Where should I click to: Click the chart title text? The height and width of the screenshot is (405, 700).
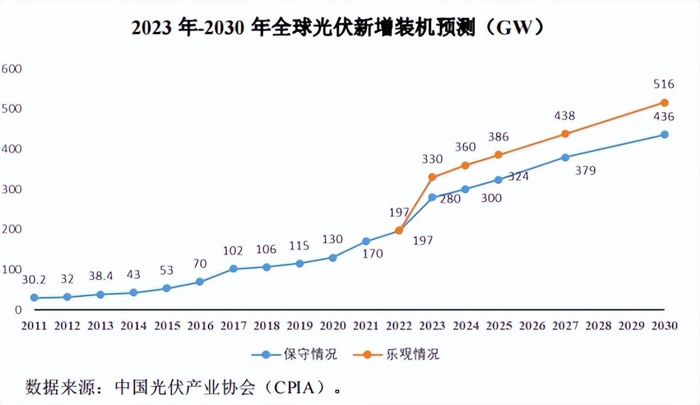[x=339, y=28]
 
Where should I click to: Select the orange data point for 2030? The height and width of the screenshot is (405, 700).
[x=664, y=103]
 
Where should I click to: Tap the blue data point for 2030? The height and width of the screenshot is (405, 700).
[x=664, y=134]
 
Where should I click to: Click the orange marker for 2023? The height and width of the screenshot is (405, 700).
[x=432, y=177]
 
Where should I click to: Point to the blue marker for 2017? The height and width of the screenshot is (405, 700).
[x=233, y=269]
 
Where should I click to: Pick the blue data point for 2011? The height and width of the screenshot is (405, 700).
[x=34, y=297]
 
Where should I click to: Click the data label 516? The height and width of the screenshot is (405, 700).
[x=664, y=84]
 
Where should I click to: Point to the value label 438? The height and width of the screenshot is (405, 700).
[x=564, y=116]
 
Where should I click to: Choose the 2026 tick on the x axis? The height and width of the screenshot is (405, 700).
[x=532, y=325]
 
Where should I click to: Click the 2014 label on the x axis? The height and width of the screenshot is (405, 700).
[x=134, y=325]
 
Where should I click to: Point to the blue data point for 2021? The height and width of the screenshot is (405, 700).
[x=366, y=241]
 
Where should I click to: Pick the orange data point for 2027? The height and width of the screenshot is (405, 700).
[x=565, y=134]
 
